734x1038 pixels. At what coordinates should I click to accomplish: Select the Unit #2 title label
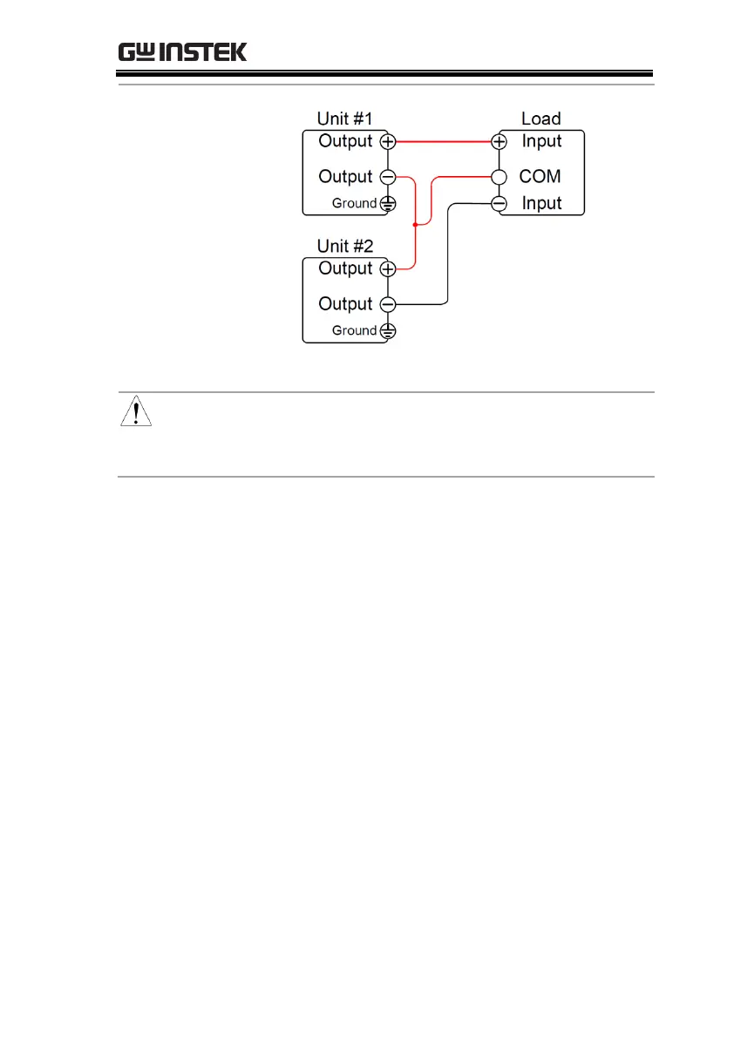tap(344, 246)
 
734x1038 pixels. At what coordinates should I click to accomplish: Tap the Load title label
tap(540, 119)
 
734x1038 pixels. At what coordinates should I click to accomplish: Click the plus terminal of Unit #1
tap(388, 141)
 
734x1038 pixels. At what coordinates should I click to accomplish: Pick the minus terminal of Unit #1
tap(388, 177)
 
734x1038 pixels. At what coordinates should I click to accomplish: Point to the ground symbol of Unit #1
tap(388, 204)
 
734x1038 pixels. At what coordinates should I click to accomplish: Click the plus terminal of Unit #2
tap(388, 269)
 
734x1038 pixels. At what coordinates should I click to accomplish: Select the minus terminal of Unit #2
tap(388, 304)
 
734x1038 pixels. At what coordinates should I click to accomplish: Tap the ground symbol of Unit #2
tap(388, 331)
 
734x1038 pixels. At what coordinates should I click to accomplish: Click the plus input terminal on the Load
tap(500, 141)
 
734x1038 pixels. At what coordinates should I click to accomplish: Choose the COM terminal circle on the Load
tap(500, 177)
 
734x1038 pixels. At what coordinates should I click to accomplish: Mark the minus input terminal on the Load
tap(500, 204)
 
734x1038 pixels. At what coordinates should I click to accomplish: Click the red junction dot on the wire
tap(415, 225)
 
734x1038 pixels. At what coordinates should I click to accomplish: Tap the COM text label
tap(540, 177)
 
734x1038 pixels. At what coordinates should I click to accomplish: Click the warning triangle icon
tap(135, 410)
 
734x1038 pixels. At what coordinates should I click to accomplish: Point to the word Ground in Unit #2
tap(354, 331)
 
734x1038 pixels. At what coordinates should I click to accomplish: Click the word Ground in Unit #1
tap(354, 204)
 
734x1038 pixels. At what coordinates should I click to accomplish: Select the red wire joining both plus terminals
tap(445, 141)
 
